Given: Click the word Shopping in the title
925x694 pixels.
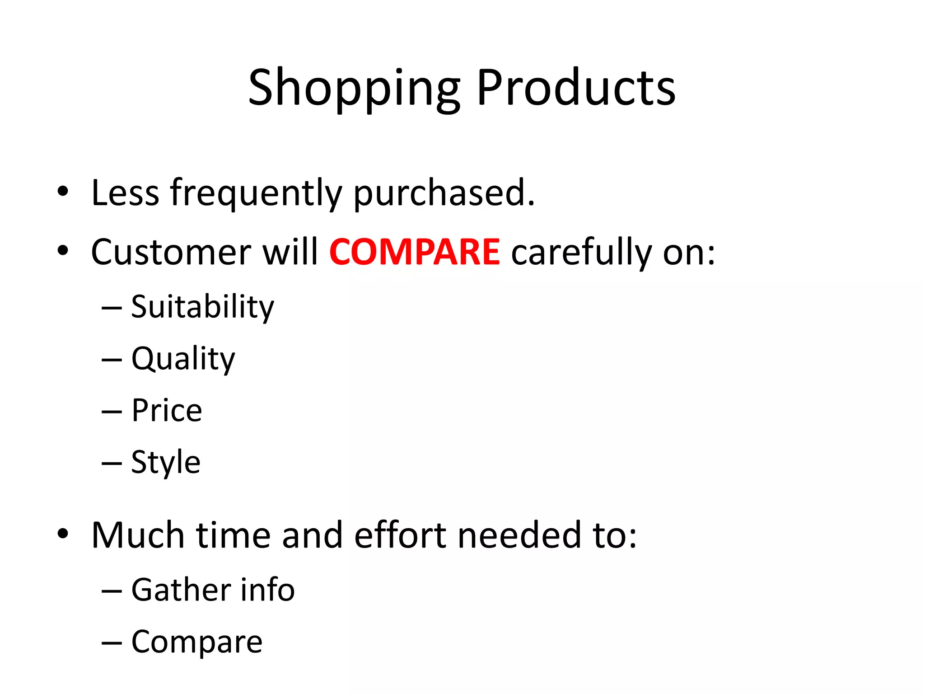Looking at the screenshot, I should pos(355,88).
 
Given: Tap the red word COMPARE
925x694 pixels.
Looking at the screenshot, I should pos(414,252).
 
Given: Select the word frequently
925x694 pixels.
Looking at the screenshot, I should pos(256,193).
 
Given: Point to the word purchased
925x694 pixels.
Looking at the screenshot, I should pos(444,193).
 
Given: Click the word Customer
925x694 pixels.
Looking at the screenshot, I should pos(171,252).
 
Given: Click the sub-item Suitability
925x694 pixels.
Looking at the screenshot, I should pos(202,307).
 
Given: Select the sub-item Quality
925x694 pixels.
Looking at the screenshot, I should pos(183,359).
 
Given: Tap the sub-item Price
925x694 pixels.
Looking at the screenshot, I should pos(167,411).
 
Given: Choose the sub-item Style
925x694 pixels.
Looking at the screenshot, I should pos(166,463).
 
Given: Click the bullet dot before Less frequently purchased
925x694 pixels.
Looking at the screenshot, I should pos(63,192).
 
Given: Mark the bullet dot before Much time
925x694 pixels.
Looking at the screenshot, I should pos(63,534).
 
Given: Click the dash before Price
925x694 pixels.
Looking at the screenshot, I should pos(112,412).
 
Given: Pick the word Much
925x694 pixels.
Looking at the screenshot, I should pos(138,535).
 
